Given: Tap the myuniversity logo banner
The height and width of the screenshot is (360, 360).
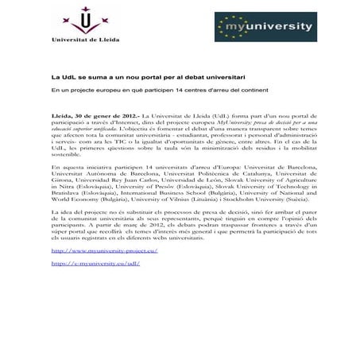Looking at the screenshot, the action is coord(264,26).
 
